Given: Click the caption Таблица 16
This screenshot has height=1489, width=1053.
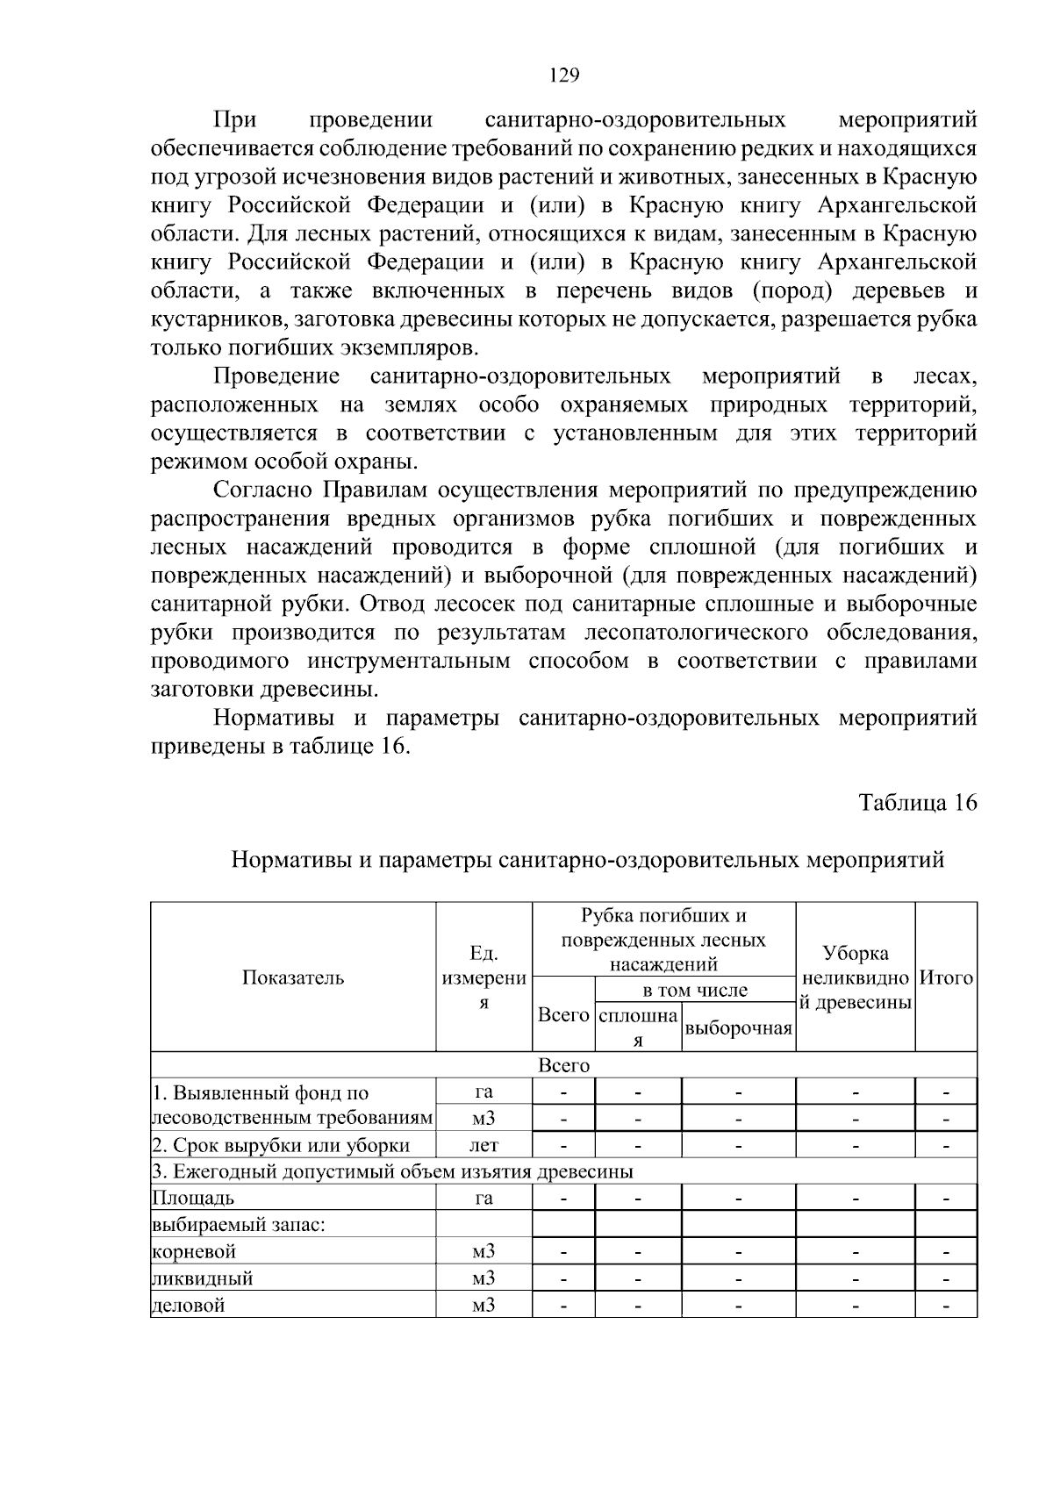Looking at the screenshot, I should (x=917, y=802).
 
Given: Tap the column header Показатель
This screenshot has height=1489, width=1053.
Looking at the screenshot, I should (x=293, y=977).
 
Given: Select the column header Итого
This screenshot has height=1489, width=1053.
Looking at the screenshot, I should (x=946, y=977).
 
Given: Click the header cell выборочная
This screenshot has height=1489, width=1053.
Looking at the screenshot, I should (x=738, y=1028).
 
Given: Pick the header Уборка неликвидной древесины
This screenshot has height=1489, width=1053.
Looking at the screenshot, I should (x=856, y=977).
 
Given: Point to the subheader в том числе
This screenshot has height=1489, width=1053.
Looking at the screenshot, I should (x=695, y=991).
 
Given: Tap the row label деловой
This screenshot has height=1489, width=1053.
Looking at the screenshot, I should (x=189, y=1306).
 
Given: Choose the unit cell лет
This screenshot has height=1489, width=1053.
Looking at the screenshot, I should (x=484, y=1145).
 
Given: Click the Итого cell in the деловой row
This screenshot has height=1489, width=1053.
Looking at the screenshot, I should (x=946, y=1306).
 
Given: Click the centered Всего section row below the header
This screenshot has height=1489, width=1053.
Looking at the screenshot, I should (x=563, y=1065).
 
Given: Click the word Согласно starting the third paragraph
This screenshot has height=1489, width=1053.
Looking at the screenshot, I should (x=263, y=490).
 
